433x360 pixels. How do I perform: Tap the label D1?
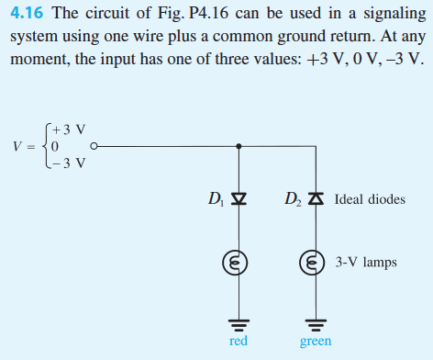(x=216, y=198)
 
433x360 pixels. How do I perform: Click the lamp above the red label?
(x=239, y=262)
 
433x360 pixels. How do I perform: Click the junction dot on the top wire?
(x=239, y=145)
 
